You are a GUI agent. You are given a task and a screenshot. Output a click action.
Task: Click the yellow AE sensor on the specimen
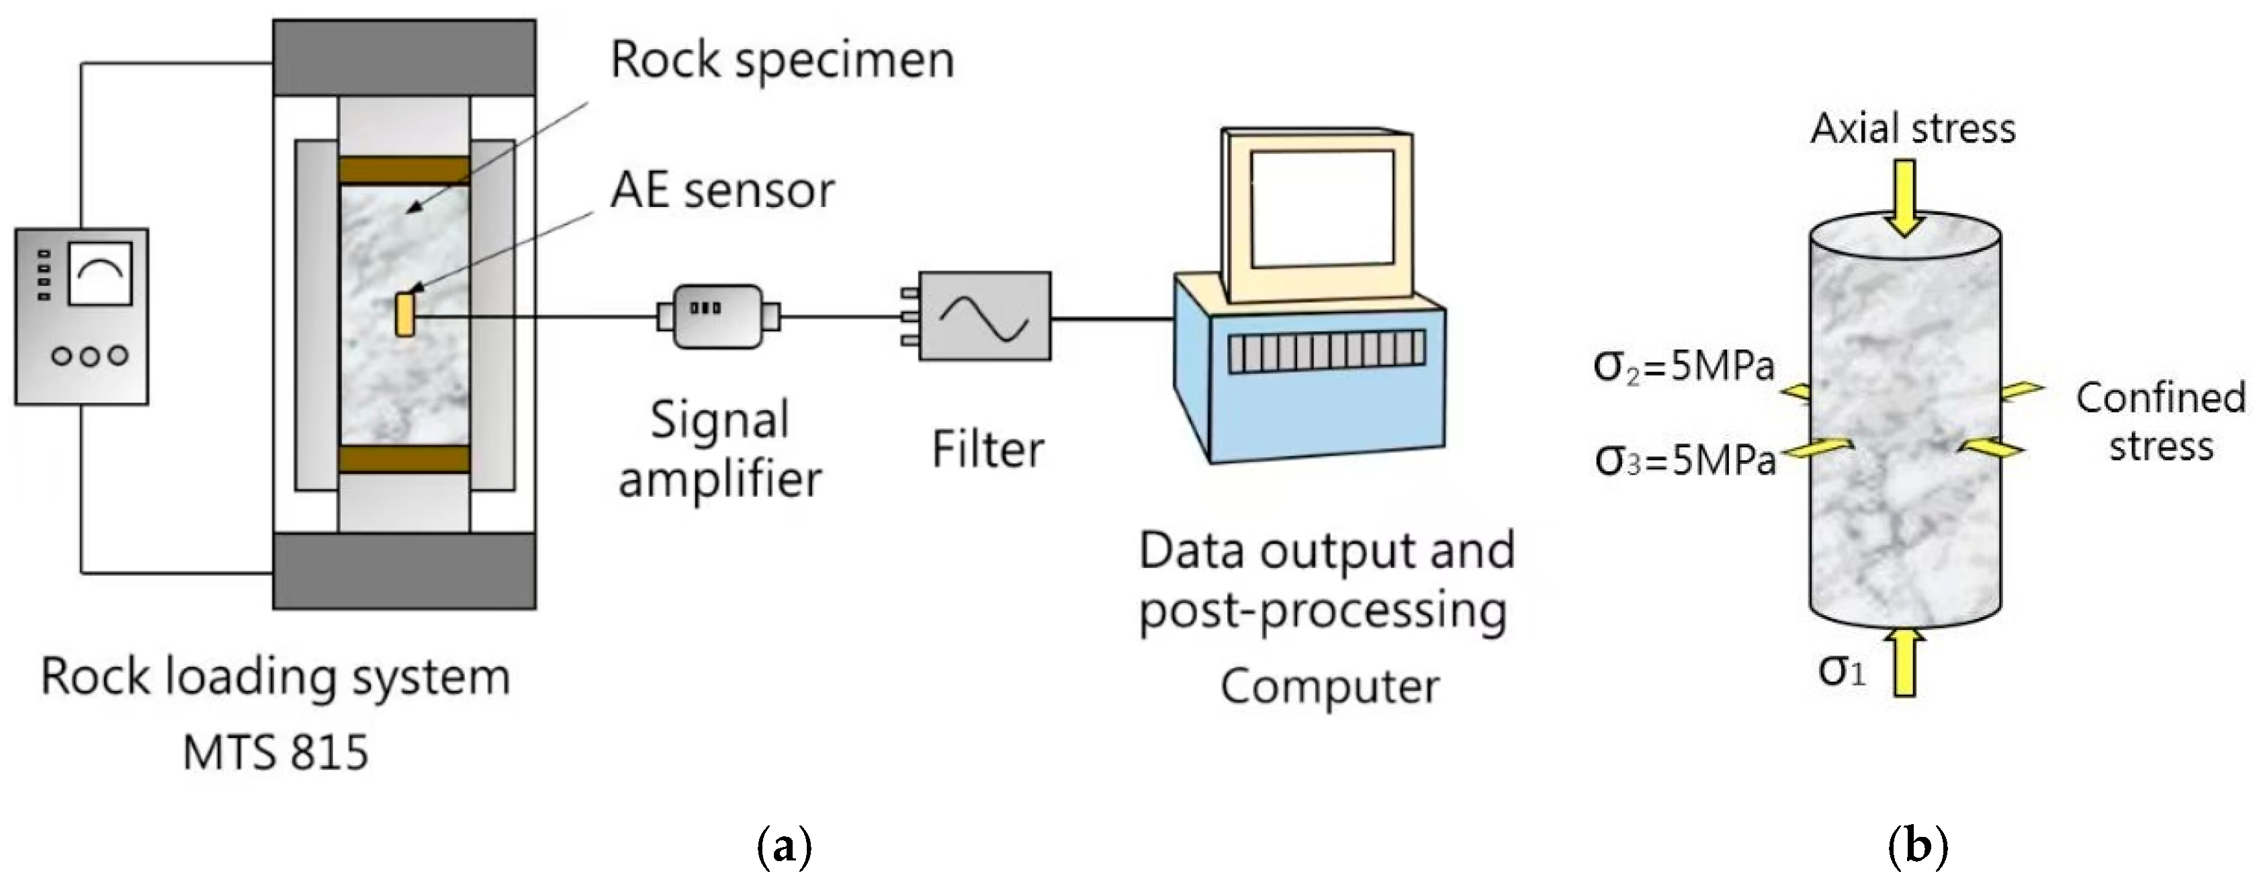click(x=404, y=315)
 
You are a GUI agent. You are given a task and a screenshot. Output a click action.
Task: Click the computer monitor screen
click(x=1321, y=209)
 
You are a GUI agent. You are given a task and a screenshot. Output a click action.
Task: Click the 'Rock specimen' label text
click(x=782, y=60)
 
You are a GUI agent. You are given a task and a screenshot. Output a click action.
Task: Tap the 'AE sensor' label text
click(x=722, y=190)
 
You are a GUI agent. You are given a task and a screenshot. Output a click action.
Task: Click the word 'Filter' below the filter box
click(x=987, y=450)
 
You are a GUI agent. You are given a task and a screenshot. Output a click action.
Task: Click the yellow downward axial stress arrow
click(x=1904, y=198)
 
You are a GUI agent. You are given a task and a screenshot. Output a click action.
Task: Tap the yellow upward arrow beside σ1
click(x=1904, y=663)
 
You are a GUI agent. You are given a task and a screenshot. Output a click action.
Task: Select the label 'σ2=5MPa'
click(x=1683, y=366)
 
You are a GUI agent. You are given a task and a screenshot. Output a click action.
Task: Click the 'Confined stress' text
click(x=2160, y=421)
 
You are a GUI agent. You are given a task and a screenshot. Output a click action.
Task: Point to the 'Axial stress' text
click(x=1912, y=129)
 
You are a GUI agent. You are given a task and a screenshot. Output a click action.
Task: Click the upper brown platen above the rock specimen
click(x=404, y=170)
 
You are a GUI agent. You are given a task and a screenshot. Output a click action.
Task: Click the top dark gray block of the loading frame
click(x=404, y=58)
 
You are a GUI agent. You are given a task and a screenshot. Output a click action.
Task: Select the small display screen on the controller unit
click(x=100, y=273)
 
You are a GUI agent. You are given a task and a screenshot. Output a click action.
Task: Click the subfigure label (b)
click(x=1918, y=847)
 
